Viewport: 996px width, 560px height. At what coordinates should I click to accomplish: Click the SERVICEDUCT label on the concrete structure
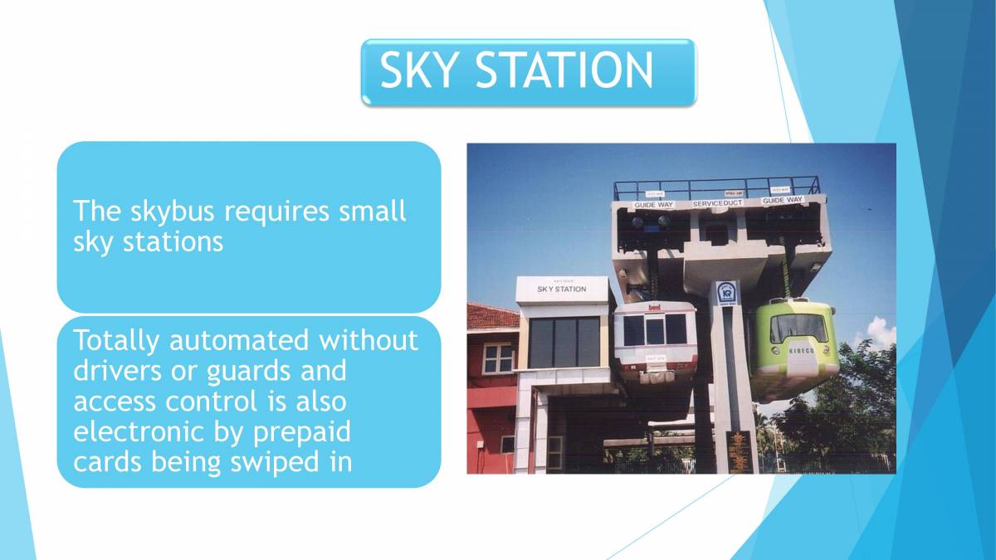(x=718, y=202)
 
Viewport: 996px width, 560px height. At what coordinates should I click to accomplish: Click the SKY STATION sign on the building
(x=561, y=289)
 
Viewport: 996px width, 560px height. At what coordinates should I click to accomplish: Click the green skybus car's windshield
(x=798, y=329)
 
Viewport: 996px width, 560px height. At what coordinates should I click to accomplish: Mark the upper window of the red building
(x=498, y=358)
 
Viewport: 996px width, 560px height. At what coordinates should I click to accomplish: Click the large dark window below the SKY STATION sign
(x=564, y=342)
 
